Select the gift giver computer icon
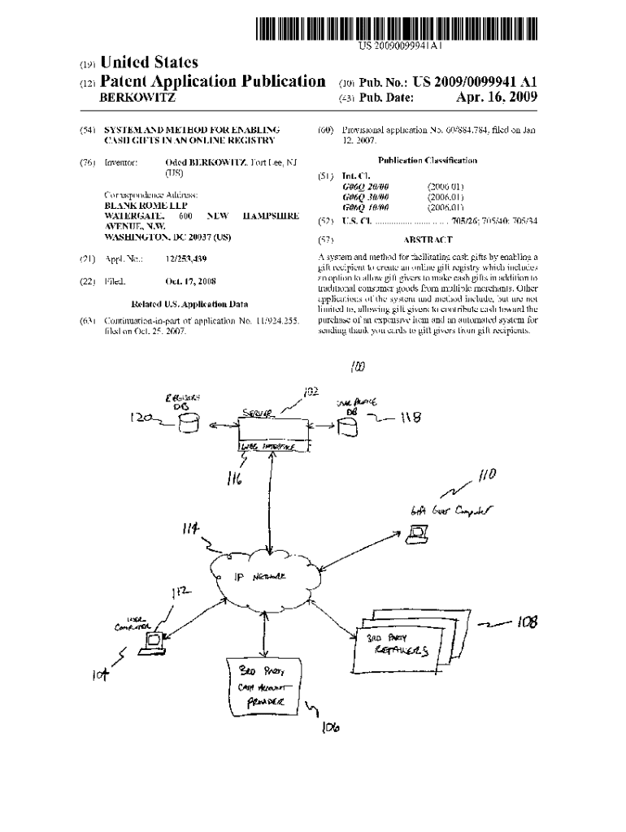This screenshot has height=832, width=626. coord(418,533)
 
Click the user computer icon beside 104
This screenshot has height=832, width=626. coord(151,642)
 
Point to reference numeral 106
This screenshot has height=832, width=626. coord(329,726)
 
